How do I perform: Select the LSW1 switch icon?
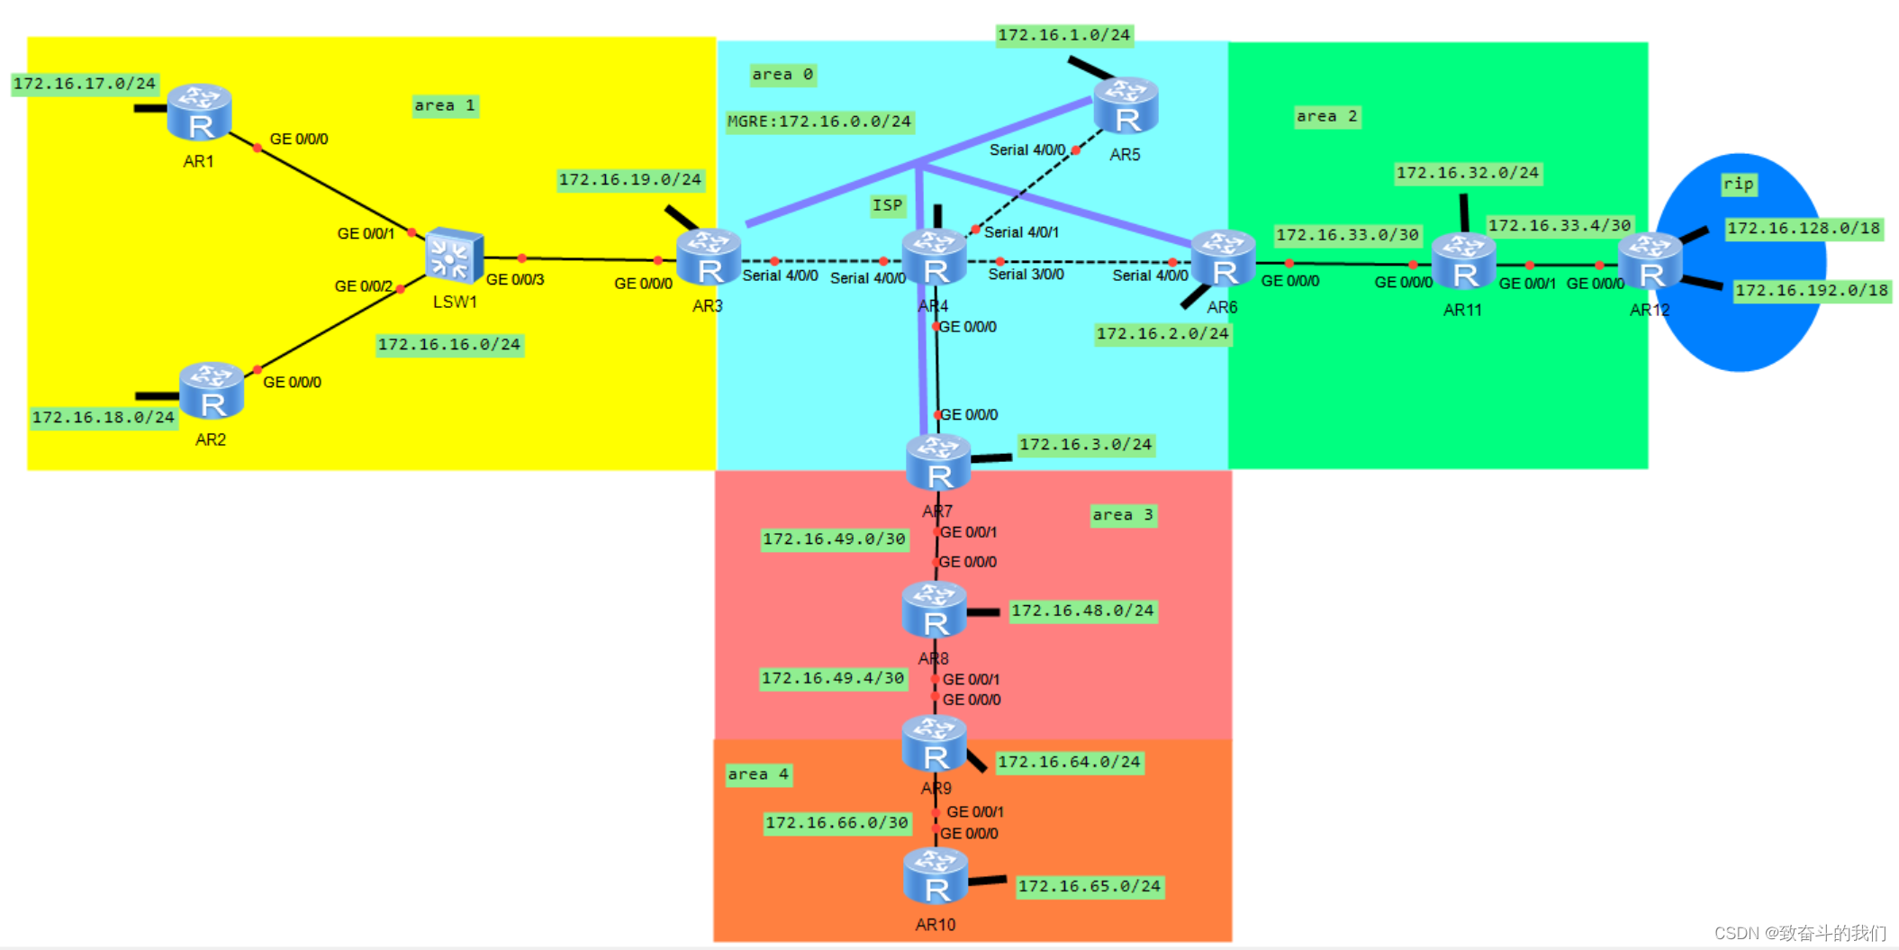click(454, 257)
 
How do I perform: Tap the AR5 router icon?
click(1126, 106)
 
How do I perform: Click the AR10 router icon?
click(936, 876)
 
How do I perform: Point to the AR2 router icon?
click(212, 391)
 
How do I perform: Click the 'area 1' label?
click(444, 105)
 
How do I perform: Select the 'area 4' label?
click(758, 774)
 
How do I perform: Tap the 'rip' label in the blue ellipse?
click(1738, 184)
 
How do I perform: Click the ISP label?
click(887, 205)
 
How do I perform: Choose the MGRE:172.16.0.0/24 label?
click(819, 122)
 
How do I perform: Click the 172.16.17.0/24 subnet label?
click(85, 84)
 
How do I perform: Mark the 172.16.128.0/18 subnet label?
click(1804, 228)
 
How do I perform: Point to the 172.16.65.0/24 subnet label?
click(1089, 886)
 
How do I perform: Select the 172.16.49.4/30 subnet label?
click(833, 678)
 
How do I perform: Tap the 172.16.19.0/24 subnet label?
click(629, 179)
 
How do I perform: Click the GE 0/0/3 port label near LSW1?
click(515, 280)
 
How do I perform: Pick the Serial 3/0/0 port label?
click(1026, 274)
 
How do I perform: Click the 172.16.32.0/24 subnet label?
click(1467, 173)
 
